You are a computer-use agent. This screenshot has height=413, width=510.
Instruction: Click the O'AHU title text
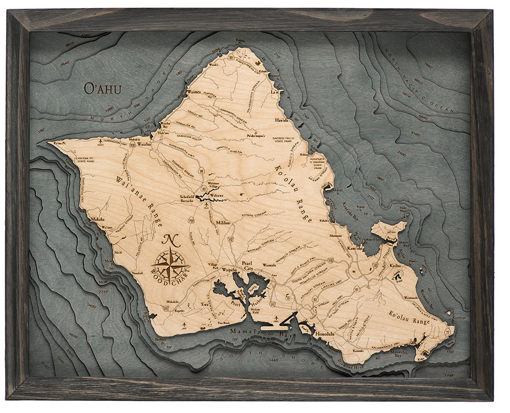103,89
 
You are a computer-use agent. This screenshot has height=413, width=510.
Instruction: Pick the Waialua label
144,145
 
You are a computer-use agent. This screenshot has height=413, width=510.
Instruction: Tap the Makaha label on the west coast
97,219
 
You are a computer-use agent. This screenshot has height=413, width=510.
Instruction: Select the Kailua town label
395,266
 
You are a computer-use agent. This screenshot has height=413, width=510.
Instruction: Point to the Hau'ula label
281,120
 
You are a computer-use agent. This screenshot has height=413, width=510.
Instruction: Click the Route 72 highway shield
447,332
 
